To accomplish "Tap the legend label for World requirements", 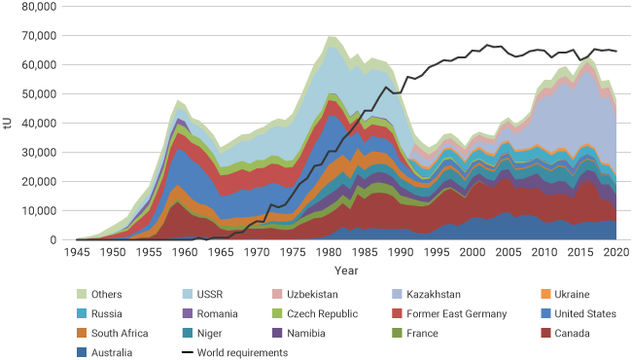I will click(x=242, y=352).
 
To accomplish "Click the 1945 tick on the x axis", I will click(x=77, y=252).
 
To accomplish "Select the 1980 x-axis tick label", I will click(x=334, y=252).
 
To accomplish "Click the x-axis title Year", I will click(x=346, y=270).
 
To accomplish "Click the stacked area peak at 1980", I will click(x=332, y=36).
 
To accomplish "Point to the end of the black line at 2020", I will click(x=616, y=52).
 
